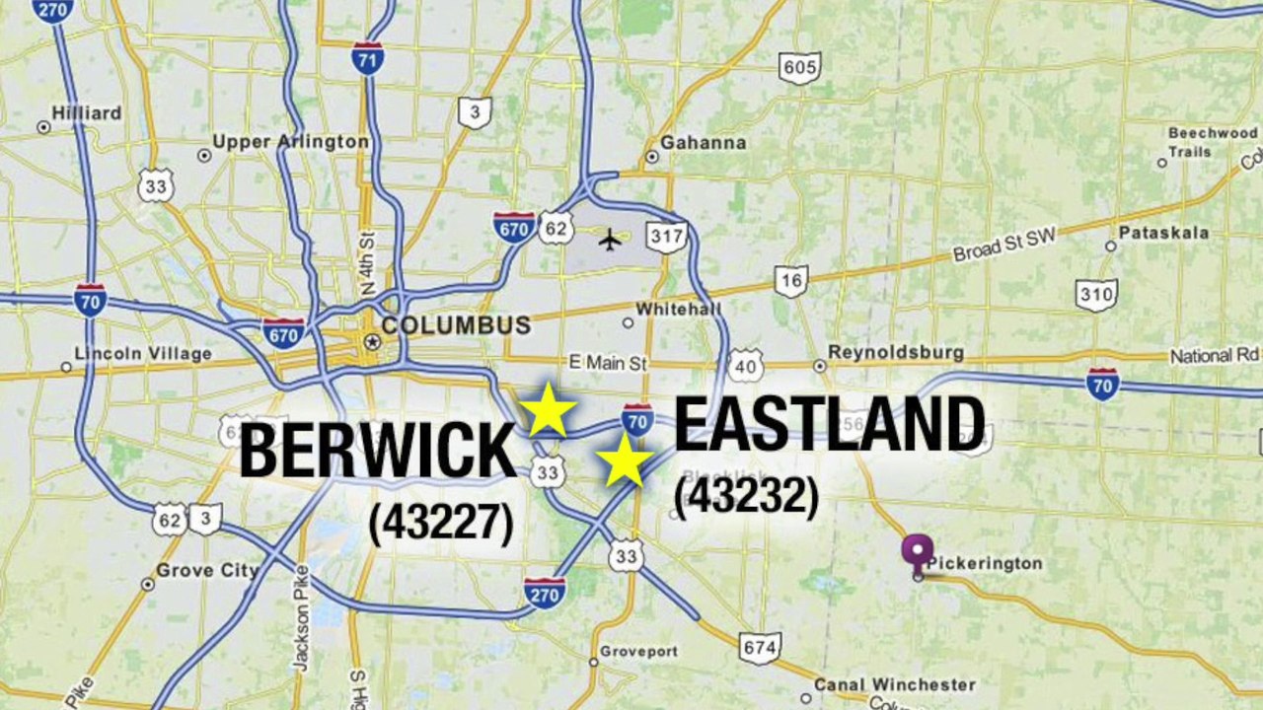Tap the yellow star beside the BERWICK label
[547, 410]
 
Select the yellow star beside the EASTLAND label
[625, 461]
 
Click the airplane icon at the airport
[612, 239]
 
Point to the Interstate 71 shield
[367, 58]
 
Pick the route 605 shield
[798, 67]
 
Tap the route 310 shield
[1096, 294]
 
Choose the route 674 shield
[760, 647]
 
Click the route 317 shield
[667, 237]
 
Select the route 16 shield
[790, 280]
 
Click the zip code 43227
[441, 524]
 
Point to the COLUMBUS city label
[456, 325]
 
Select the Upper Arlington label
[290, 142]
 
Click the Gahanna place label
[704, 142]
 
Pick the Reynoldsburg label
[896, 352]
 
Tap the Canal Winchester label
[894, 684]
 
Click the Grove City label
[207, 571]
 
